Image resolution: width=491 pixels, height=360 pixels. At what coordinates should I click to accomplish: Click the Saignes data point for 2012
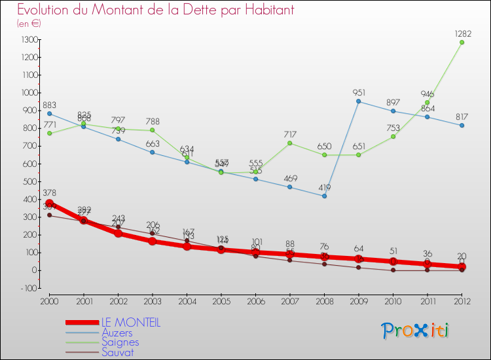pos(462,43)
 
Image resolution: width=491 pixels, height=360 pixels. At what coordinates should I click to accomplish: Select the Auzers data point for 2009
pos(358,101)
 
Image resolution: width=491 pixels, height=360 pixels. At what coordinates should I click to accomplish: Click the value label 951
pos(358,92)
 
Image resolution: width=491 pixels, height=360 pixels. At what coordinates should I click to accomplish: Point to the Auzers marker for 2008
pos(324,196)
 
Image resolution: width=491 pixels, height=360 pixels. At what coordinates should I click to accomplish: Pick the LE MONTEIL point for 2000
pos(49,203)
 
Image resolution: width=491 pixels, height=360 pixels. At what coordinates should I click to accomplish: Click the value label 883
pos(49,105)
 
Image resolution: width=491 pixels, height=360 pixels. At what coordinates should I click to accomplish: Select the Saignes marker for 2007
pos(289,143)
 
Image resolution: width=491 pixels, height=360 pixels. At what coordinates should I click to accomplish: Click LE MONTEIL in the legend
pos(130,323)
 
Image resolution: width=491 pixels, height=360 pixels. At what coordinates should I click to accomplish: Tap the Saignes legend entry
pos(120,342)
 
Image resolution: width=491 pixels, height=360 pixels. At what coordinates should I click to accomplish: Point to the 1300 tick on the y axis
pos(29,39)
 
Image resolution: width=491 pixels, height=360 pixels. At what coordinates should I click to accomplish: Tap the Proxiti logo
pos(415,331)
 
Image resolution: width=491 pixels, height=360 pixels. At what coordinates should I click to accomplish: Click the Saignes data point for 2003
pos(152,130)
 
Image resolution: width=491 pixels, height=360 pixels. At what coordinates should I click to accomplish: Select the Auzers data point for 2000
pos(49,113)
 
